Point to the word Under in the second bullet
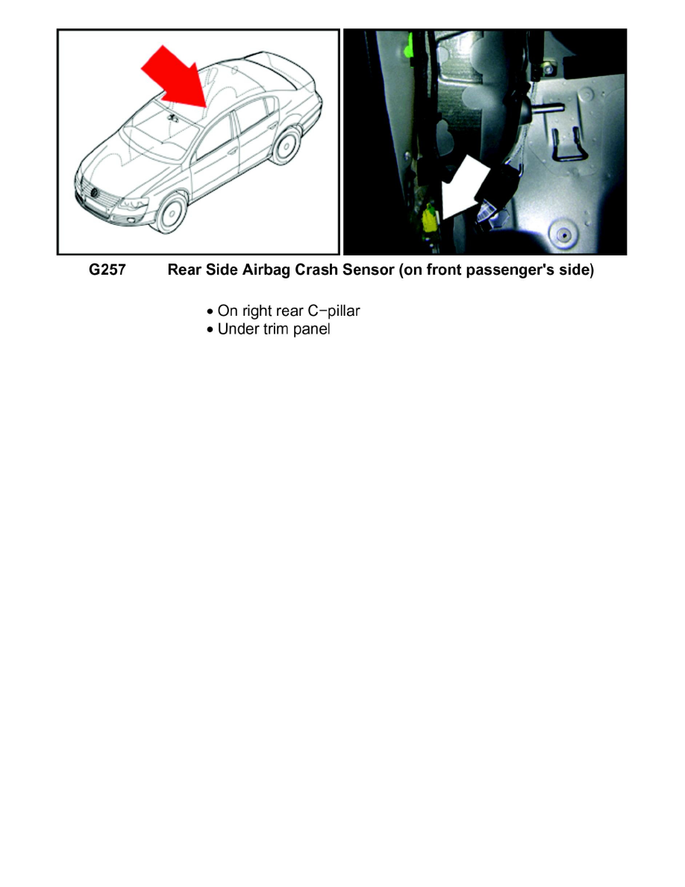[235, 329]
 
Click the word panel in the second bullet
[312, 329]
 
